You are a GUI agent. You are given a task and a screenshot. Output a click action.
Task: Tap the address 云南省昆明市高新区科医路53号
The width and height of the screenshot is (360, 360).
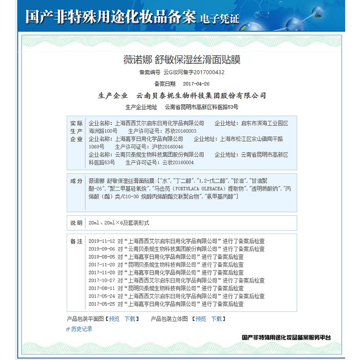(201, 107)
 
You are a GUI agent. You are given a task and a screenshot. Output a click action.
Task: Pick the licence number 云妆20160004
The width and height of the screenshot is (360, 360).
(175, 162)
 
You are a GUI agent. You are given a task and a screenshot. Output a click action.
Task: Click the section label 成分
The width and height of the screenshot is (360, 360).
(76, 181)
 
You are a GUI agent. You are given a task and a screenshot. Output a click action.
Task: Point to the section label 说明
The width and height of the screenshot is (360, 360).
(76, 222)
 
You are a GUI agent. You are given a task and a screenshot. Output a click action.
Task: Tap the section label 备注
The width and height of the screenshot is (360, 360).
(76, 241)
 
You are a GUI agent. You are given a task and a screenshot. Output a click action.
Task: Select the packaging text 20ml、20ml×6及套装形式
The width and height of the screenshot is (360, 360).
(119, 223)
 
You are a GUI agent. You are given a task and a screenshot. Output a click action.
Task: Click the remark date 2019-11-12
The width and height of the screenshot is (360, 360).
(102, 241)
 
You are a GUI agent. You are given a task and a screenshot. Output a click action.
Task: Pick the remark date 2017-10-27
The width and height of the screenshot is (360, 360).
(102, 280)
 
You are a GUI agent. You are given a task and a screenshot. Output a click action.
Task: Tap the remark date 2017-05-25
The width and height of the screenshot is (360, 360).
(102, 304)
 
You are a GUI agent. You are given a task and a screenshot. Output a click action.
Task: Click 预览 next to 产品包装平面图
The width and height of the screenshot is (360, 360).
(114, 319)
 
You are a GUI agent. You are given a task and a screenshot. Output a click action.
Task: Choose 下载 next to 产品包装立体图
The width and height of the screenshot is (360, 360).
(216, 319)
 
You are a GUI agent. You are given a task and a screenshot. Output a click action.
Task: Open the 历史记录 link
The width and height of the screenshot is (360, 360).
(81, 329)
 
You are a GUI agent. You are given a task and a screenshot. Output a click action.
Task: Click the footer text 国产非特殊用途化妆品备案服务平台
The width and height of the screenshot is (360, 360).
(286, 337)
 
